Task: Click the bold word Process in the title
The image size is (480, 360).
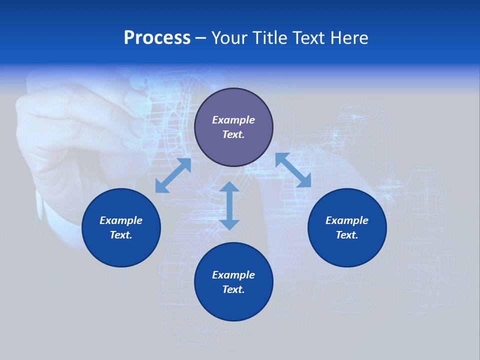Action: pos(157,38)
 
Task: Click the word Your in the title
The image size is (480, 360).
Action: pos(230,38)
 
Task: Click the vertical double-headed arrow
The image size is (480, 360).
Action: pos(229,206)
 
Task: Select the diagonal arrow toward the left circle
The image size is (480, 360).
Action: pos(173,175)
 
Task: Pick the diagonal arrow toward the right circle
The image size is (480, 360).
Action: pos(293,170)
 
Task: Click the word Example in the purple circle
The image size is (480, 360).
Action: pos(233,120)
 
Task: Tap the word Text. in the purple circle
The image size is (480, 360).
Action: pos(233,134)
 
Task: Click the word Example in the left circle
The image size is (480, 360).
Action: pos(121,220)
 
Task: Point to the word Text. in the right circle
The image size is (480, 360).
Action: pos(347,235)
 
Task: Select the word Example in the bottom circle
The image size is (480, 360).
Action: pos(233,275)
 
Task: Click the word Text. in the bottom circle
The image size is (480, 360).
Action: pos(233,289)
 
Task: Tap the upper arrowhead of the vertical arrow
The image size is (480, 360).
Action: pos(229,187)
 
